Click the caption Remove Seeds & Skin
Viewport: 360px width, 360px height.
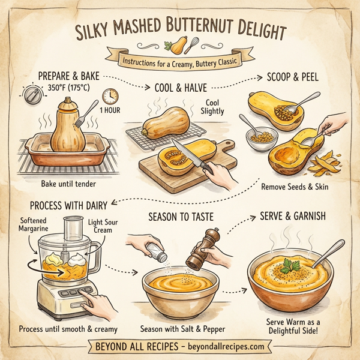click(294, 187)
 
